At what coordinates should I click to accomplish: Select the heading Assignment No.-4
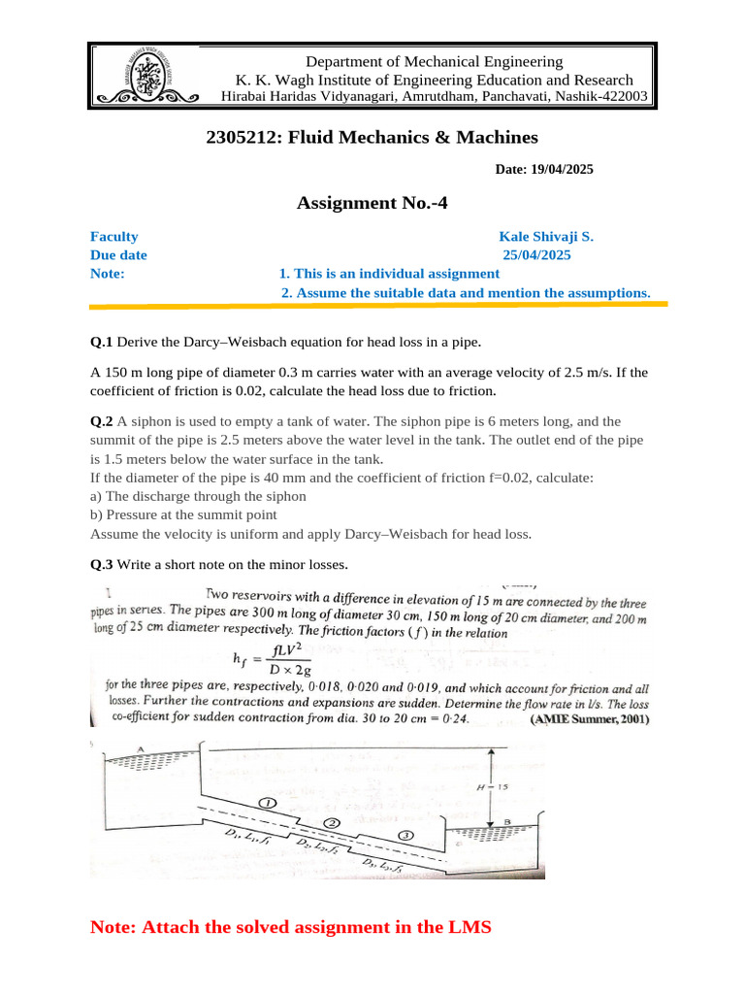click(x=372, y=203)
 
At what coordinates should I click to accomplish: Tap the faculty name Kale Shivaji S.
click(x=546, y=236)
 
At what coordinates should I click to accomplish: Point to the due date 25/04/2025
click(x=536, y=255)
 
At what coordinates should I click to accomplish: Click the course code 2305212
click(x=241, y=138)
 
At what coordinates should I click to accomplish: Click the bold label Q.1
click(x=102, y=342)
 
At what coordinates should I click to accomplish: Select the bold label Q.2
click(x=102, y=421)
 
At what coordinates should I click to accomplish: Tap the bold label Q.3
click(x=102, y=564)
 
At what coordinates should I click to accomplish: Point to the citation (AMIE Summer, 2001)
click(x=590, y=720)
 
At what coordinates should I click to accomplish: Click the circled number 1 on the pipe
click(x=268, y=803)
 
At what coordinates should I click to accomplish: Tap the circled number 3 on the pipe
click(x=405, y=835)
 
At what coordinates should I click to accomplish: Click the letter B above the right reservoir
click(x=508, y=821)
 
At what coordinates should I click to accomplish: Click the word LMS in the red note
click(x=469, y=927)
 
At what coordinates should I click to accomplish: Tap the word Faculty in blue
click(x=114, y=236)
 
